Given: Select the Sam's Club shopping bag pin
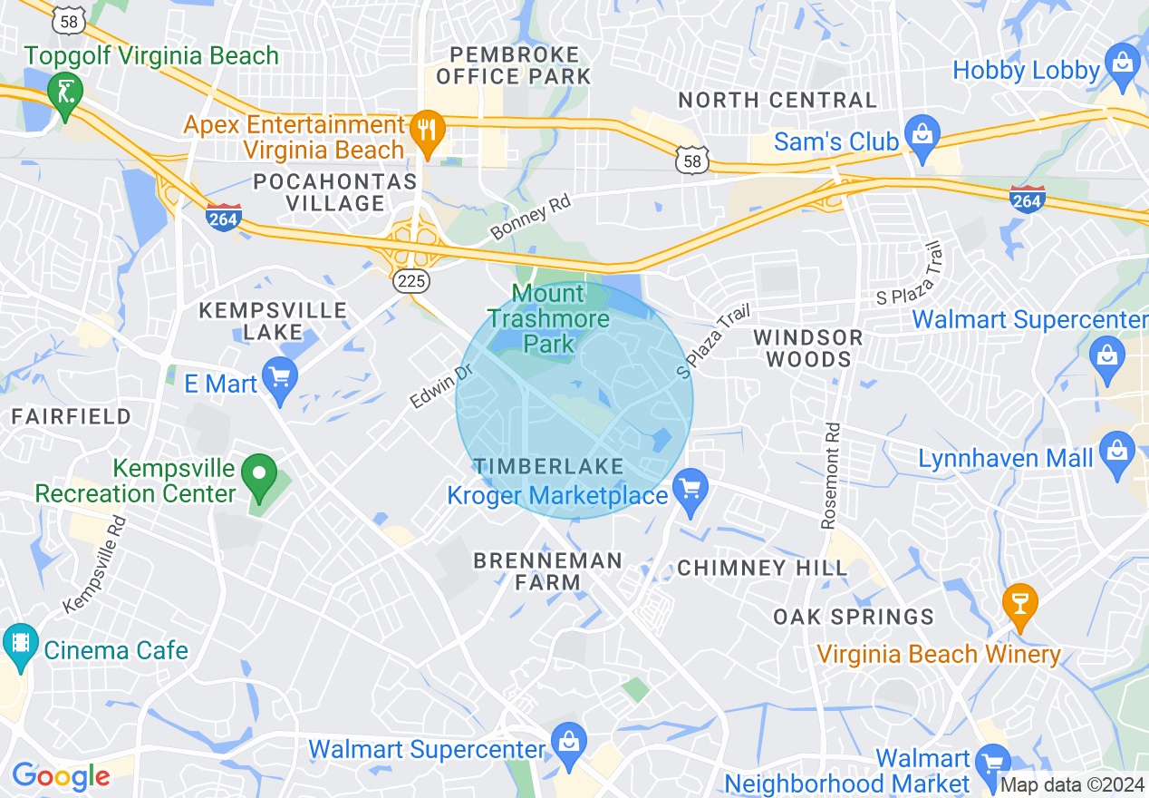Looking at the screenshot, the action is (x=922, y=139).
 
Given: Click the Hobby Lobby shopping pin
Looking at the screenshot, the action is (x=1123, y=65).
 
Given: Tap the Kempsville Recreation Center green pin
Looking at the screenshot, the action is (x=259, y=476).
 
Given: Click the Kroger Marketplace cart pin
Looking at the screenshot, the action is (x=690, y=491).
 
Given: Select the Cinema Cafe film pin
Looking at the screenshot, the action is (x=19, y=646).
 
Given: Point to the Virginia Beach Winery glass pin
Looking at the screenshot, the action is (x=1019, y=605).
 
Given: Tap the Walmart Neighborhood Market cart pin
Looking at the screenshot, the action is (x=994, y=759).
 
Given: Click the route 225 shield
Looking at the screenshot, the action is (x=411, y=281).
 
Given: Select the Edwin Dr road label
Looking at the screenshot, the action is (x=441, y=386).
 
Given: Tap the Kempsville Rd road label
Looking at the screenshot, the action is (x=95, y=564).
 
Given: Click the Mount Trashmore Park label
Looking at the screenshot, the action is (x=548, y=318).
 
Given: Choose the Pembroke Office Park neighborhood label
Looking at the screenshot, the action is (x=513, y=65).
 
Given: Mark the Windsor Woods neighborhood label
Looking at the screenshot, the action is (x=808, y=348).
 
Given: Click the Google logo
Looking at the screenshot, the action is (x=60, y=776).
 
